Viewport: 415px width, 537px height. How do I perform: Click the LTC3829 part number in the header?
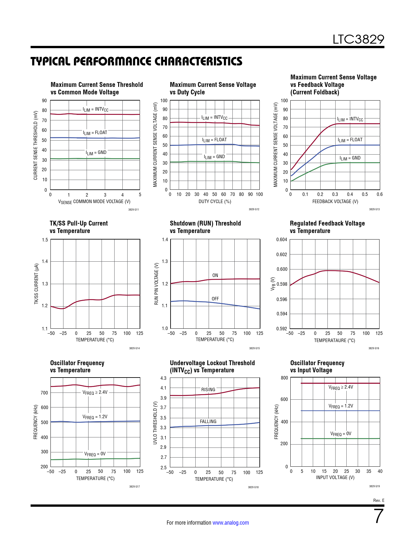click(358, 39)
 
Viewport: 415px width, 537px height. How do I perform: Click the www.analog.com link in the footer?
click(230, 523)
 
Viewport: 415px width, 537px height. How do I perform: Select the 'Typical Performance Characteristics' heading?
click(136, 61)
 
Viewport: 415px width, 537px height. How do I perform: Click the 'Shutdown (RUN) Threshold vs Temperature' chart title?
click(205, 227)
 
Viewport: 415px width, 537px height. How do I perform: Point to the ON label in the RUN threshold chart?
click(215, 275)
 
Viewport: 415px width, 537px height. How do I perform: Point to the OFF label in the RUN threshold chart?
click(215, 299)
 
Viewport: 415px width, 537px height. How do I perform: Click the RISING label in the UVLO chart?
click(208, 390)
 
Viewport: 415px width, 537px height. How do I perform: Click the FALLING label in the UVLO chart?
click(208, 421)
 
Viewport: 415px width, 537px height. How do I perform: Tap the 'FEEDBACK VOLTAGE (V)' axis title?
click(335, 201)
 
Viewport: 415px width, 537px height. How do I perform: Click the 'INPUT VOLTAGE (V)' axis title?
click(335, 477)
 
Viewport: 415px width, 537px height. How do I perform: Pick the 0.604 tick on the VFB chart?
click(282, 240)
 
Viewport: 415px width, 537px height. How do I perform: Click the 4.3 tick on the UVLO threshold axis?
click(163, 378)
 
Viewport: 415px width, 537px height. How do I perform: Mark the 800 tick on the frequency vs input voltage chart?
click(284, 378)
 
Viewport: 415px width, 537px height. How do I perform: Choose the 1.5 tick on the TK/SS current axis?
click(45, 240)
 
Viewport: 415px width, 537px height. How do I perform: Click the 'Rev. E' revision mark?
click(379, 500)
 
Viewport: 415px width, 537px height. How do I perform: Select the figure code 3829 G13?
click(374, 209)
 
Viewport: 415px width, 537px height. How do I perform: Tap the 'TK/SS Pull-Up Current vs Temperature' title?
click(78, 227)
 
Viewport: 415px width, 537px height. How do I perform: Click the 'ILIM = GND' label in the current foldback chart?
click(350, 158)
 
